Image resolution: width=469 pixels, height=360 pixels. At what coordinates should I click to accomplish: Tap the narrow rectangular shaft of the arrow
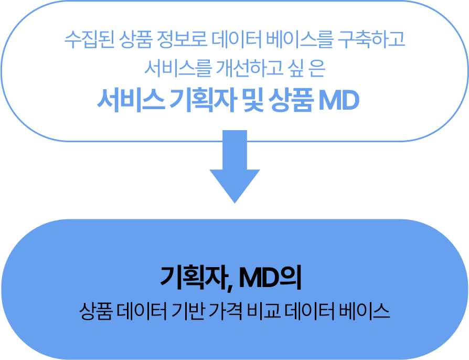(x=235, y=156)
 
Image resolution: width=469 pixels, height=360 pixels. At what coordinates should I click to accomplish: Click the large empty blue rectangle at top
(x=235, y=71)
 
